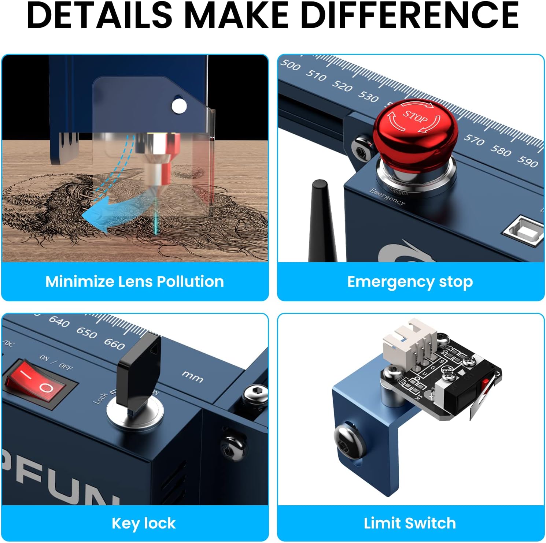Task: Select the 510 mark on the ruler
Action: pyautogui.click(x=316, y=75)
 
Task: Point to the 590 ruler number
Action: pyautogui.click(x=527, y=161)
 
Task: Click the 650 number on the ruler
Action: pyautogui.click(x=87, y=332)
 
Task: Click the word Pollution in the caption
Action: pyautogui.click(x=190, y=282)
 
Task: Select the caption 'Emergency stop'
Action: pyautogui.click(x=410, y=282)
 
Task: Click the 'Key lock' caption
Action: pyautogui.click(x=144, y=523)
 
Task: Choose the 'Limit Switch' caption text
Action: pyautogui.click(x=410, y=523)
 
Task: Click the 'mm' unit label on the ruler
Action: pyautogui.click(x=192, y=376)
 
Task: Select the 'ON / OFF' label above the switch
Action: pyautogui.click(x=56, y=362)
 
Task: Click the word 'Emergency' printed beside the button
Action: pyautogui.click(x=387, y=197)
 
